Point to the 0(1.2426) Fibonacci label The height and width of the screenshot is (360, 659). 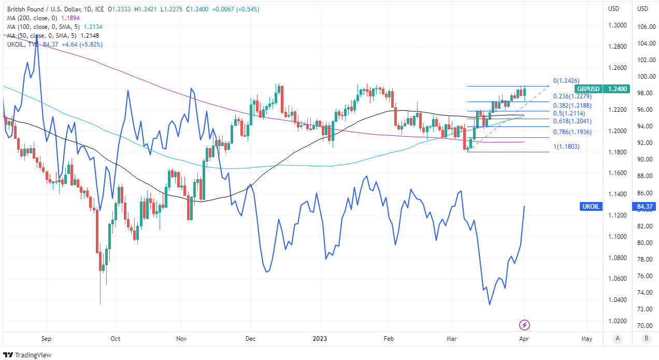coord(566,81)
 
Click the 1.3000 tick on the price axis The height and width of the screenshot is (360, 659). coord(617,25)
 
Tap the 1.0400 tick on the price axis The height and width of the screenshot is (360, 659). coord(617,300)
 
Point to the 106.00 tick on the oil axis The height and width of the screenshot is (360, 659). coord(646,27)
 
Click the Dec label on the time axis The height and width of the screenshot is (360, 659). coord(250,339)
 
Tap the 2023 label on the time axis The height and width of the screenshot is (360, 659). coord(319,339)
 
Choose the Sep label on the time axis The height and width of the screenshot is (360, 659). coord(46,339)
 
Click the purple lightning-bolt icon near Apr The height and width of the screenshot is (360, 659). coord(524,325)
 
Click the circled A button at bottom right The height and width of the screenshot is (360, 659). coord(617,339)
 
